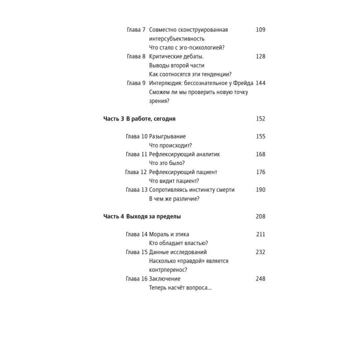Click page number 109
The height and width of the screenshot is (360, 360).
[x=260, y=29]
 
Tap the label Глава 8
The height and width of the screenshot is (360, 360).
[x=136, y=56]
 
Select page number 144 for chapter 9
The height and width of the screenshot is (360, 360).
[x=260, y=83]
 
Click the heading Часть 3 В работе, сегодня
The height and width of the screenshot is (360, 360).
[x=139, y=119]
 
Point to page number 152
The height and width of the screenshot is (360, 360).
[x=260, y=119]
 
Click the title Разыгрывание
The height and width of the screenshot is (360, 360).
[x=167, y=136]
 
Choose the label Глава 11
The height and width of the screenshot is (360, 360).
[x=136, y=154]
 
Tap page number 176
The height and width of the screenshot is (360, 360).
[x=260, y=172]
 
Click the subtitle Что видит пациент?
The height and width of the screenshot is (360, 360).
[x=174, y=181]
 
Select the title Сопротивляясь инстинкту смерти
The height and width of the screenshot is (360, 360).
[x=191, y=190]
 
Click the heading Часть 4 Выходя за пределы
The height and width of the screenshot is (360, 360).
[x=142, y=216]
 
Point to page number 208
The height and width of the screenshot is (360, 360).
[x=260, y=216]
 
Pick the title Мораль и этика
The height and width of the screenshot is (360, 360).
[x=169, y=234]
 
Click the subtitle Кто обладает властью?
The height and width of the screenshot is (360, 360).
[x=178, y=243]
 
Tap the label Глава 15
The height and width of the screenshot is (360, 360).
[x=136, y=252]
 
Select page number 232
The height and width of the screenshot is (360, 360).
[x=260, y=252]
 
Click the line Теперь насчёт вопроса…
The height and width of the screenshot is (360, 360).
[x=180, y=287]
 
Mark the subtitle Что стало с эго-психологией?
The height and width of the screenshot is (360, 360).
[x=186, y=47]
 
